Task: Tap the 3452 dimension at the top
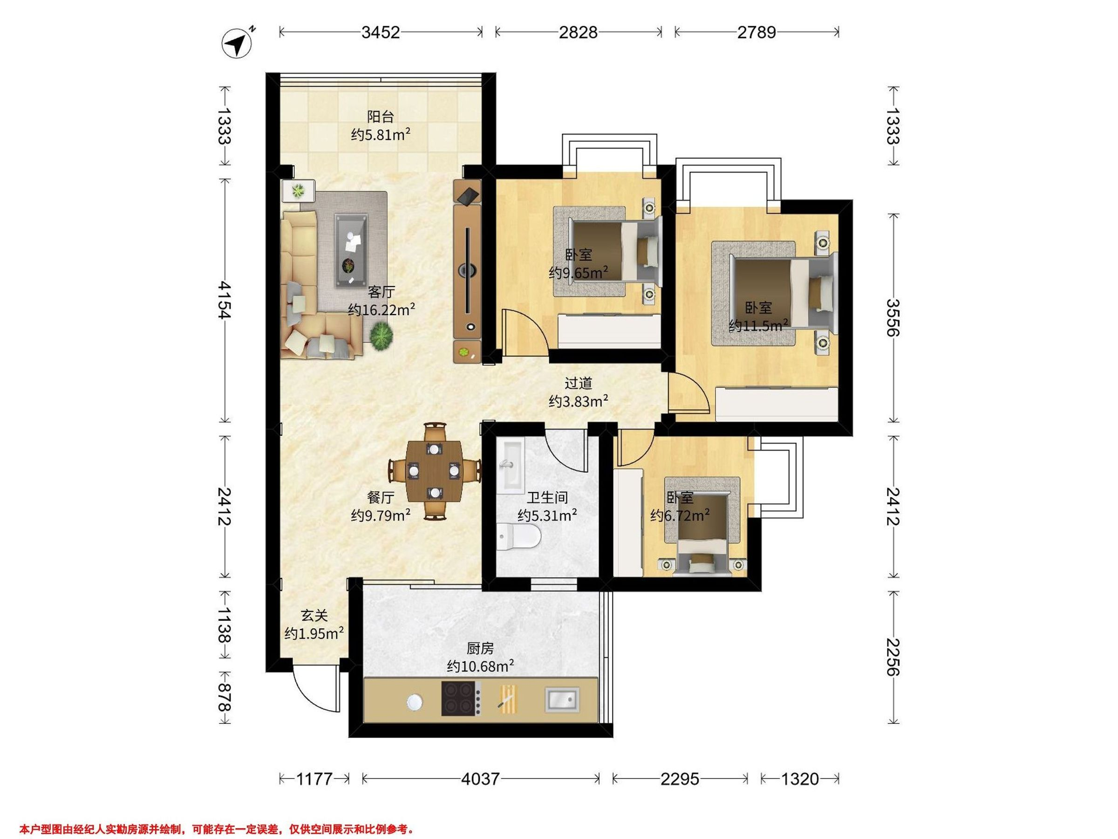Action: click(x=381, y=32)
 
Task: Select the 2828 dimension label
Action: click(x=578, y=32)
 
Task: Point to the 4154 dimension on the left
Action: click(x=224, y=300)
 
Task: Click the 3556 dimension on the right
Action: click(x=893, y=317)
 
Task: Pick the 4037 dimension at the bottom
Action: click(x=480, y=779)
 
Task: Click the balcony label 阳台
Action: click(x=380, y=117)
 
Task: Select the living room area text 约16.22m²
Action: click(x=382, y=309)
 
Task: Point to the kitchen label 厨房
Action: click(x=480, y=648)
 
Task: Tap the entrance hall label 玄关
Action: click(x=314, y=615)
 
